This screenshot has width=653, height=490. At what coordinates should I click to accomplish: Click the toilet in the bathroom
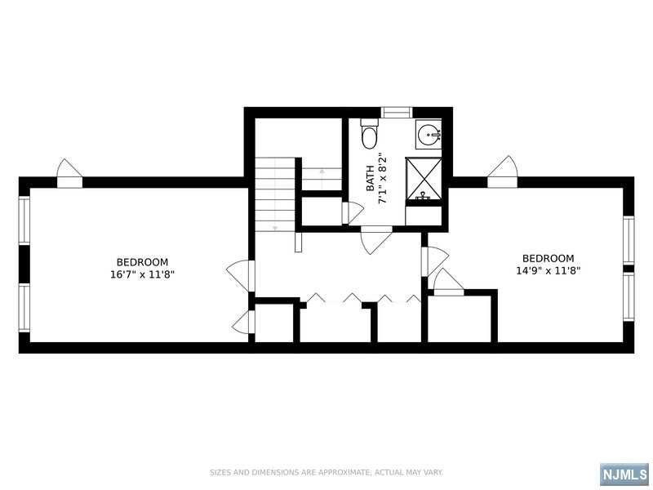(x=369, y=134)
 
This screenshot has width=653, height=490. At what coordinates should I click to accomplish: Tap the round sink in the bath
(x=428, y=135)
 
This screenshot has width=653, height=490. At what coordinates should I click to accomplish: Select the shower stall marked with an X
(x=424, y=178)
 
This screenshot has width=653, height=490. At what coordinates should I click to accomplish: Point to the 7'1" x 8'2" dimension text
(x=382, y=179)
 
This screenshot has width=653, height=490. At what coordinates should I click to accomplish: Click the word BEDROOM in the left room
(x=142, y=262)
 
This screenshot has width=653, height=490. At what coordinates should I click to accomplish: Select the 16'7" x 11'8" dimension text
(x=142, y=274)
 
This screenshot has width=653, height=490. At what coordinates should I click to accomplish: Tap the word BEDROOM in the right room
(x=548, y=258)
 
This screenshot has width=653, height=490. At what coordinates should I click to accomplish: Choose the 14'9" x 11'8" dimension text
(x=548, y=271)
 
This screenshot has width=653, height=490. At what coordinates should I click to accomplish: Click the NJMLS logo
(x=625, y=474)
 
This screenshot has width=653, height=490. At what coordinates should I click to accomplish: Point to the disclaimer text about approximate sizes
(x=326, y=473)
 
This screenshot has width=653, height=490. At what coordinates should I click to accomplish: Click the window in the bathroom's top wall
(x=397, y=113)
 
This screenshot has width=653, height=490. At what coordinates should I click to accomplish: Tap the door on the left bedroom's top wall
(x=69, y=173)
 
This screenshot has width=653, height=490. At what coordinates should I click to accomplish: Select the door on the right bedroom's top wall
(x=502, y=171)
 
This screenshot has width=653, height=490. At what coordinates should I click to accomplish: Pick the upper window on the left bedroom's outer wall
(x=24, y=220)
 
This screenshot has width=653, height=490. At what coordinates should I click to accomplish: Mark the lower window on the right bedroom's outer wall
(x=629, y=296)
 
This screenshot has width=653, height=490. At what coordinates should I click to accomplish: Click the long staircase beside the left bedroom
(x=275, y=194)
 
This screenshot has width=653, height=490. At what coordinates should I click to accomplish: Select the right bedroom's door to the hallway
(x=434, y=261)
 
